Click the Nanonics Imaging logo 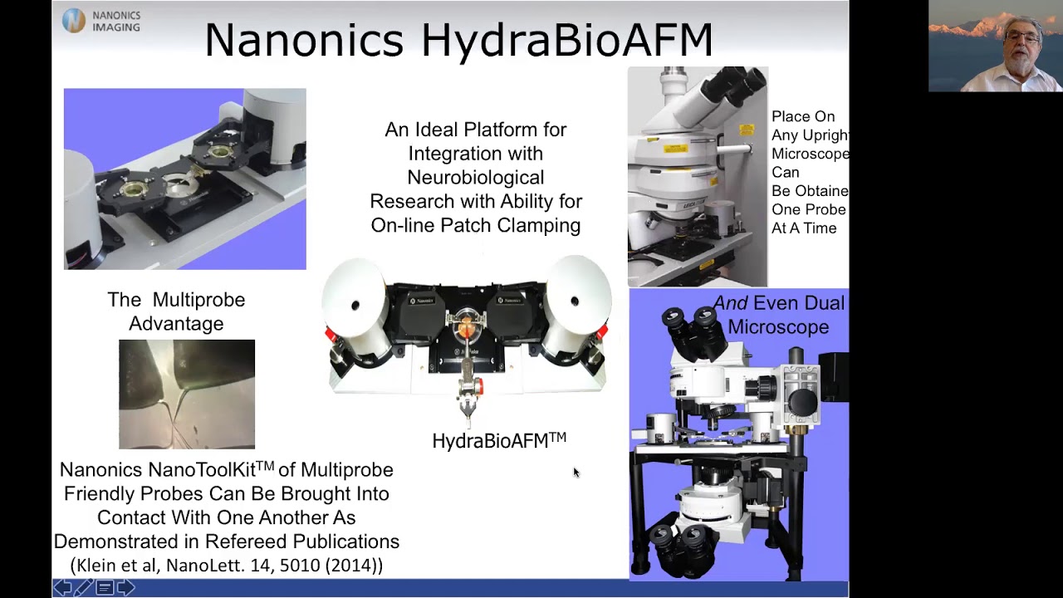point(101,21)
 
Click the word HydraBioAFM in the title point(566,40)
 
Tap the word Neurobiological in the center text point(475,177)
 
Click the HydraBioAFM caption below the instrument point(498,441)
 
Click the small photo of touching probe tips point(187,394)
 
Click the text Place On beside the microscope point(803,117)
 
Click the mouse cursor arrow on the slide point(576,472)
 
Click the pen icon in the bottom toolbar point(83,588)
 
